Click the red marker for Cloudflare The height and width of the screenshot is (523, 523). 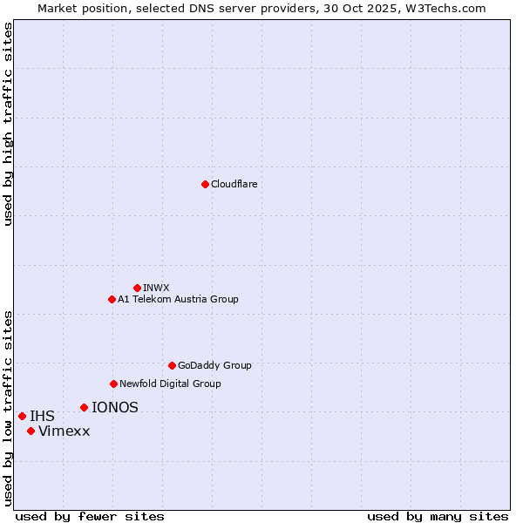(x=205, y=184)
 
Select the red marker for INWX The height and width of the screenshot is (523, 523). (x=137, y=288)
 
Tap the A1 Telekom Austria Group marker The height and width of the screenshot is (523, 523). (x=112, y=299)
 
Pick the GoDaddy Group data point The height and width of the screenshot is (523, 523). (x=172, y=365)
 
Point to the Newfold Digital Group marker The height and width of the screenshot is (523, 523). (x=113, y=384)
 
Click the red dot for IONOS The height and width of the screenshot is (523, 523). (x=84, y=407)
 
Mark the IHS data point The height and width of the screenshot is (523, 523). (x=22, y=416)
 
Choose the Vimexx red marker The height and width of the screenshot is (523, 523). (x=31, y=431)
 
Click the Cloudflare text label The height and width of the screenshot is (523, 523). (x=234, y=184)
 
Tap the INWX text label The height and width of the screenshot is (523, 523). (x=156, y=288)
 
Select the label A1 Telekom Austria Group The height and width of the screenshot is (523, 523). (x=178, y=299)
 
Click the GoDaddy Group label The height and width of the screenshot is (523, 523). (x=214, y=365)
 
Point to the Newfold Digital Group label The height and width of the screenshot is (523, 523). (x=170, y=384)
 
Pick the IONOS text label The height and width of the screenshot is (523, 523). (x=115, y=407)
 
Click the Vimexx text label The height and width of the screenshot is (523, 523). (x=65, y=431)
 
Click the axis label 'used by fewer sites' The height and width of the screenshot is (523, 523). (x=90, y=516)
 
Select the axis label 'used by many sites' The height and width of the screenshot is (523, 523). (x=438, y=516)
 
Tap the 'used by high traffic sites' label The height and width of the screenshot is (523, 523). (x=9, y=124)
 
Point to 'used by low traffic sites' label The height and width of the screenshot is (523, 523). (x=9, y=408)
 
